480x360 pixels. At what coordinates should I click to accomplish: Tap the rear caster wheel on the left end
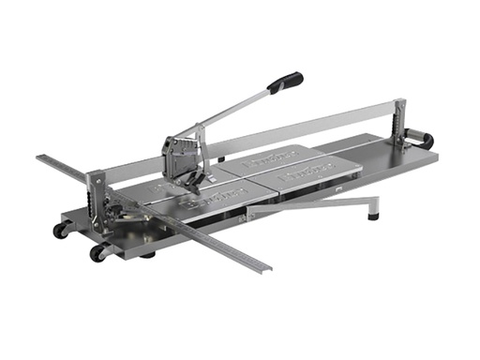click(60, 231)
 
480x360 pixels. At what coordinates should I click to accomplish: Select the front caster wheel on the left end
click(97, 253)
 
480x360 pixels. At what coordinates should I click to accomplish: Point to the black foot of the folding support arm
click(374, 213)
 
